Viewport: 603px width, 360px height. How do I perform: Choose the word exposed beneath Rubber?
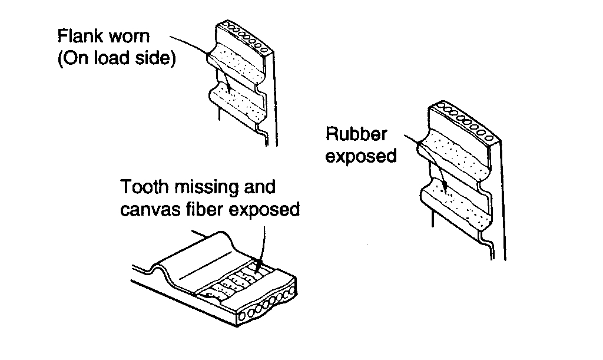361,157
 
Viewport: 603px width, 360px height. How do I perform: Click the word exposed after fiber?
267,210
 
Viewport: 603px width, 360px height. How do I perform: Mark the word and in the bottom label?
259,187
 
